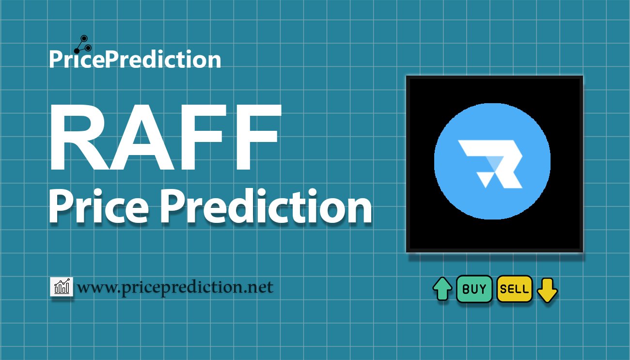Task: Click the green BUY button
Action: pos(474,289)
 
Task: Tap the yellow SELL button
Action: pos(514,289)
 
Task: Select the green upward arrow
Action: pos(442,289)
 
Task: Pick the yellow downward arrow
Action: pos(547,290)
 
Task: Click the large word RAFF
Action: pos(165,137)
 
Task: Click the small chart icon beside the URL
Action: pos(62,286)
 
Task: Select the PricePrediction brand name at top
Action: pos(135,59)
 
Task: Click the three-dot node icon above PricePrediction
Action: pos(83,45)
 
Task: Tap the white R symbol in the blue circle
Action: pos(490,164)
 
